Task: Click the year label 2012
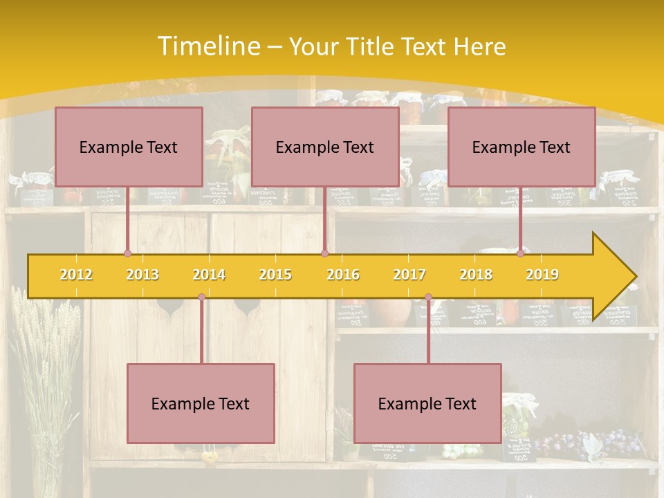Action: (76, 275)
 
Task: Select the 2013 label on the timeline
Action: (142, 275)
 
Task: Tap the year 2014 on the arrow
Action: (209, 275)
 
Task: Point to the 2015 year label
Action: (275, 275)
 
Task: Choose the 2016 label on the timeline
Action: (343, 275)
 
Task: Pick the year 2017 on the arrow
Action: (409, 275)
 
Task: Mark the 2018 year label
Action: (476, 275)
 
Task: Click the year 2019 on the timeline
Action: (542, 275)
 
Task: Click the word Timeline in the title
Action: (207, 46)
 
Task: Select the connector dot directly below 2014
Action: (201, 297)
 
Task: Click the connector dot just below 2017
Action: (428, 297)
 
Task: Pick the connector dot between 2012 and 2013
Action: (127, 254)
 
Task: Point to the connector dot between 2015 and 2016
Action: (324, 254)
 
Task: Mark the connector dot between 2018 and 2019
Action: (521, 254)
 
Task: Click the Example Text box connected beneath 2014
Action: (201, 403)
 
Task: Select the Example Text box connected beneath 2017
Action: (427, 403)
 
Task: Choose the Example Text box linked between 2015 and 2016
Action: (325, 147)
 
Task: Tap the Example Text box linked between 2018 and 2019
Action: (522, 147)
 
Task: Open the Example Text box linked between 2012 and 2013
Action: (129, 147)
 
